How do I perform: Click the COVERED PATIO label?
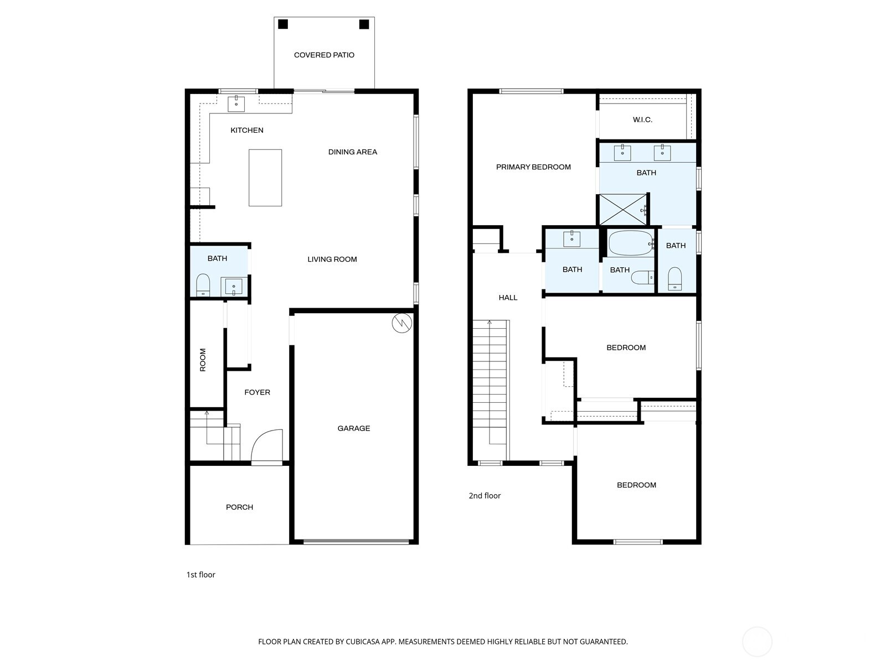tap(324, 55)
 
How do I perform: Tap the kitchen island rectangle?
tap(265, 178)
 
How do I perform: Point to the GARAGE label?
tap(354, 428)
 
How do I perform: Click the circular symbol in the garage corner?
tap(402, 323)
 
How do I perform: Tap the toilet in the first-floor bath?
tap(203, 284)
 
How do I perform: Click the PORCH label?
tap(239, 507)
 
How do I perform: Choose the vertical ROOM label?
tap(203, 360)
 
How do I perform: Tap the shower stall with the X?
tap(624, 210)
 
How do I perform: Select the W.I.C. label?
tap(642, 120)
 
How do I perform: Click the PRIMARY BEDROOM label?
tap(533, 167)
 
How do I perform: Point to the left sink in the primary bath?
tap(622, 152)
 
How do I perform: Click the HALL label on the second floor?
tap(508, 298)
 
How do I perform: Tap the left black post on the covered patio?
tap(283, 24)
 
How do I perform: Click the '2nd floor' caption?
tap(485, 496)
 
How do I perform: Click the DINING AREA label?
tap(352, 152)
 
